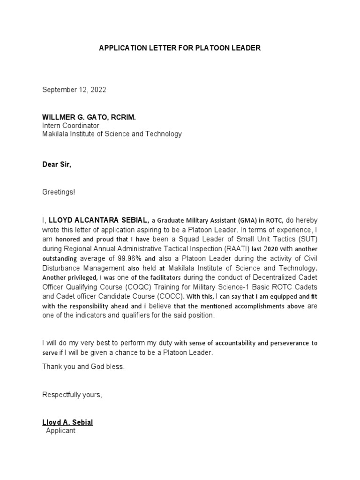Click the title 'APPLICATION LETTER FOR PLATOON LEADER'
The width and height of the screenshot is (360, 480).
(180, 48)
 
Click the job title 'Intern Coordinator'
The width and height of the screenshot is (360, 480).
(71, 126)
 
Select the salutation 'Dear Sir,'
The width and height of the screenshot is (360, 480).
(57, 165)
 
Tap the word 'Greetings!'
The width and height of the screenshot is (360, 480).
(59, 192)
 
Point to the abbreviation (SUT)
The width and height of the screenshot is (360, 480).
(306, 239)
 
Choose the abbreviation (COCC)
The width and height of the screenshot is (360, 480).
(169, 296)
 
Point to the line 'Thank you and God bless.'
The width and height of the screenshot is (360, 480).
(83, 367)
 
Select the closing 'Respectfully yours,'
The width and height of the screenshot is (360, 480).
(72, 395)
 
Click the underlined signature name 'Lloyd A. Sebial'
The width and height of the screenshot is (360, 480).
(67, 422)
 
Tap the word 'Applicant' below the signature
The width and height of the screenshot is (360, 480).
(60, 430)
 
